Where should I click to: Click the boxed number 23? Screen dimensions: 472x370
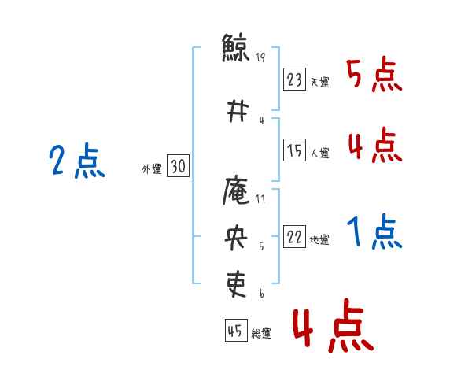click(295, 80)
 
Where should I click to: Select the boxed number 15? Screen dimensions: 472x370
click(295, 150)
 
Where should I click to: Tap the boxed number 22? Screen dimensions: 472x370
click(295, 238)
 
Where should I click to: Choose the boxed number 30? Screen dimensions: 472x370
click(178, 167)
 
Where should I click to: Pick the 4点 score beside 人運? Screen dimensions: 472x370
click(374, 146)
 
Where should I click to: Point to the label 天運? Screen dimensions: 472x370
click(319, 83)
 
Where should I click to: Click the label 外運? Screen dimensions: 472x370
click(152, 168)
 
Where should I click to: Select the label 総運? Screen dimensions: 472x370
click(261, 334)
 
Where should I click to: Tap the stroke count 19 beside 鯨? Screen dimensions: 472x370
click(261, 57)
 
